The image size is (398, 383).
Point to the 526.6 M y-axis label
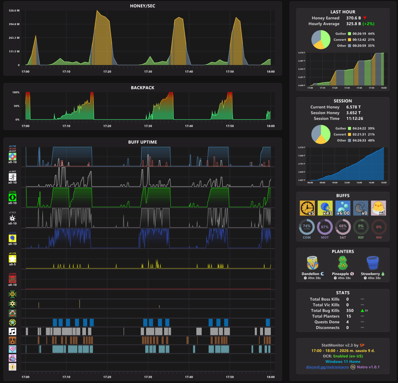point(14,11)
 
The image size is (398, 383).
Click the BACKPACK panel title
point(142,88)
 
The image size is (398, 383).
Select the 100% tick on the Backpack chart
point(16,92)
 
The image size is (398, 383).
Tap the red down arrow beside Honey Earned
point(365,18)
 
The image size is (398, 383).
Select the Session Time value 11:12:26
point(354,119)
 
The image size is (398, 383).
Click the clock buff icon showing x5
point(307,208)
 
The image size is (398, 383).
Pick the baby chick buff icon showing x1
point(378,208)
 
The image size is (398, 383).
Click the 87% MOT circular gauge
point(325,227)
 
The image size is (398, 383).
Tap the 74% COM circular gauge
point(307,227)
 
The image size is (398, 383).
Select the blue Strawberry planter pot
point(372,263)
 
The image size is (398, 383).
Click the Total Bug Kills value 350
point(350,311)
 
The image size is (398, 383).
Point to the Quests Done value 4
point(348,322)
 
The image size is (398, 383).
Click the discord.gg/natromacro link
point(327,367)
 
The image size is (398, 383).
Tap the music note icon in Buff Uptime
point(13,331)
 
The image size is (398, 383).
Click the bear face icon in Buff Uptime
point(13,340)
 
